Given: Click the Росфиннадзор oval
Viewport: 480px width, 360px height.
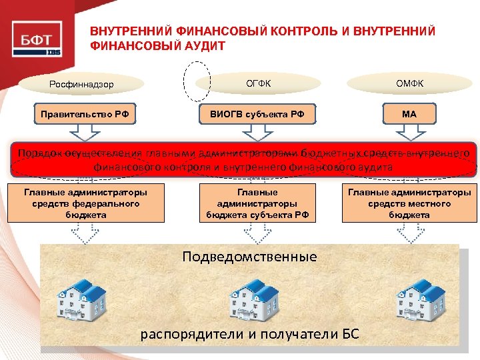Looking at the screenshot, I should [82, 85].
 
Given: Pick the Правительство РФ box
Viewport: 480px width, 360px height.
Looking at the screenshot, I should [81, 114].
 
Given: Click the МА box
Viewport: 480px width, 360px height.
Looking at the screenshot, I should [409, 114].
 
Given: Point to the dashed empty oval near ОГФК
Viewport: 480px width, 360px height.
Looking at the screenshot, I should [197, 81].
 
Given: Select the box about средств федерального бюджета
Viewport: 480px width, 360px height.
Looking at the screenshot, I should [85, 203].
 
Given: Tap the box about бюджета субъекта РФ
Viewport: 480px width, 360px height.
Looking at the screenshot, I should [257, 203].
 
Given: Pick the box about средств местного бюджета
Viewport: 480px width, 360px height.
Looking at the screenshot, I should [409, 203].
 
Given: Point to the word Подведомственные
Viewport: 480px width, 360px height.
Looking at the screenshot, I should [250, 257].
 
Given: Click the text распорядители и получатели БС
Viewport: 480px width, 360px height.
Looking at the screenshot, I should [250, 334].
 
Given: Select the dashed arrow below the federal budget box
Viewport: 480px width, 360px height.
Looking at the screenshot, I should [85, 233].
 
